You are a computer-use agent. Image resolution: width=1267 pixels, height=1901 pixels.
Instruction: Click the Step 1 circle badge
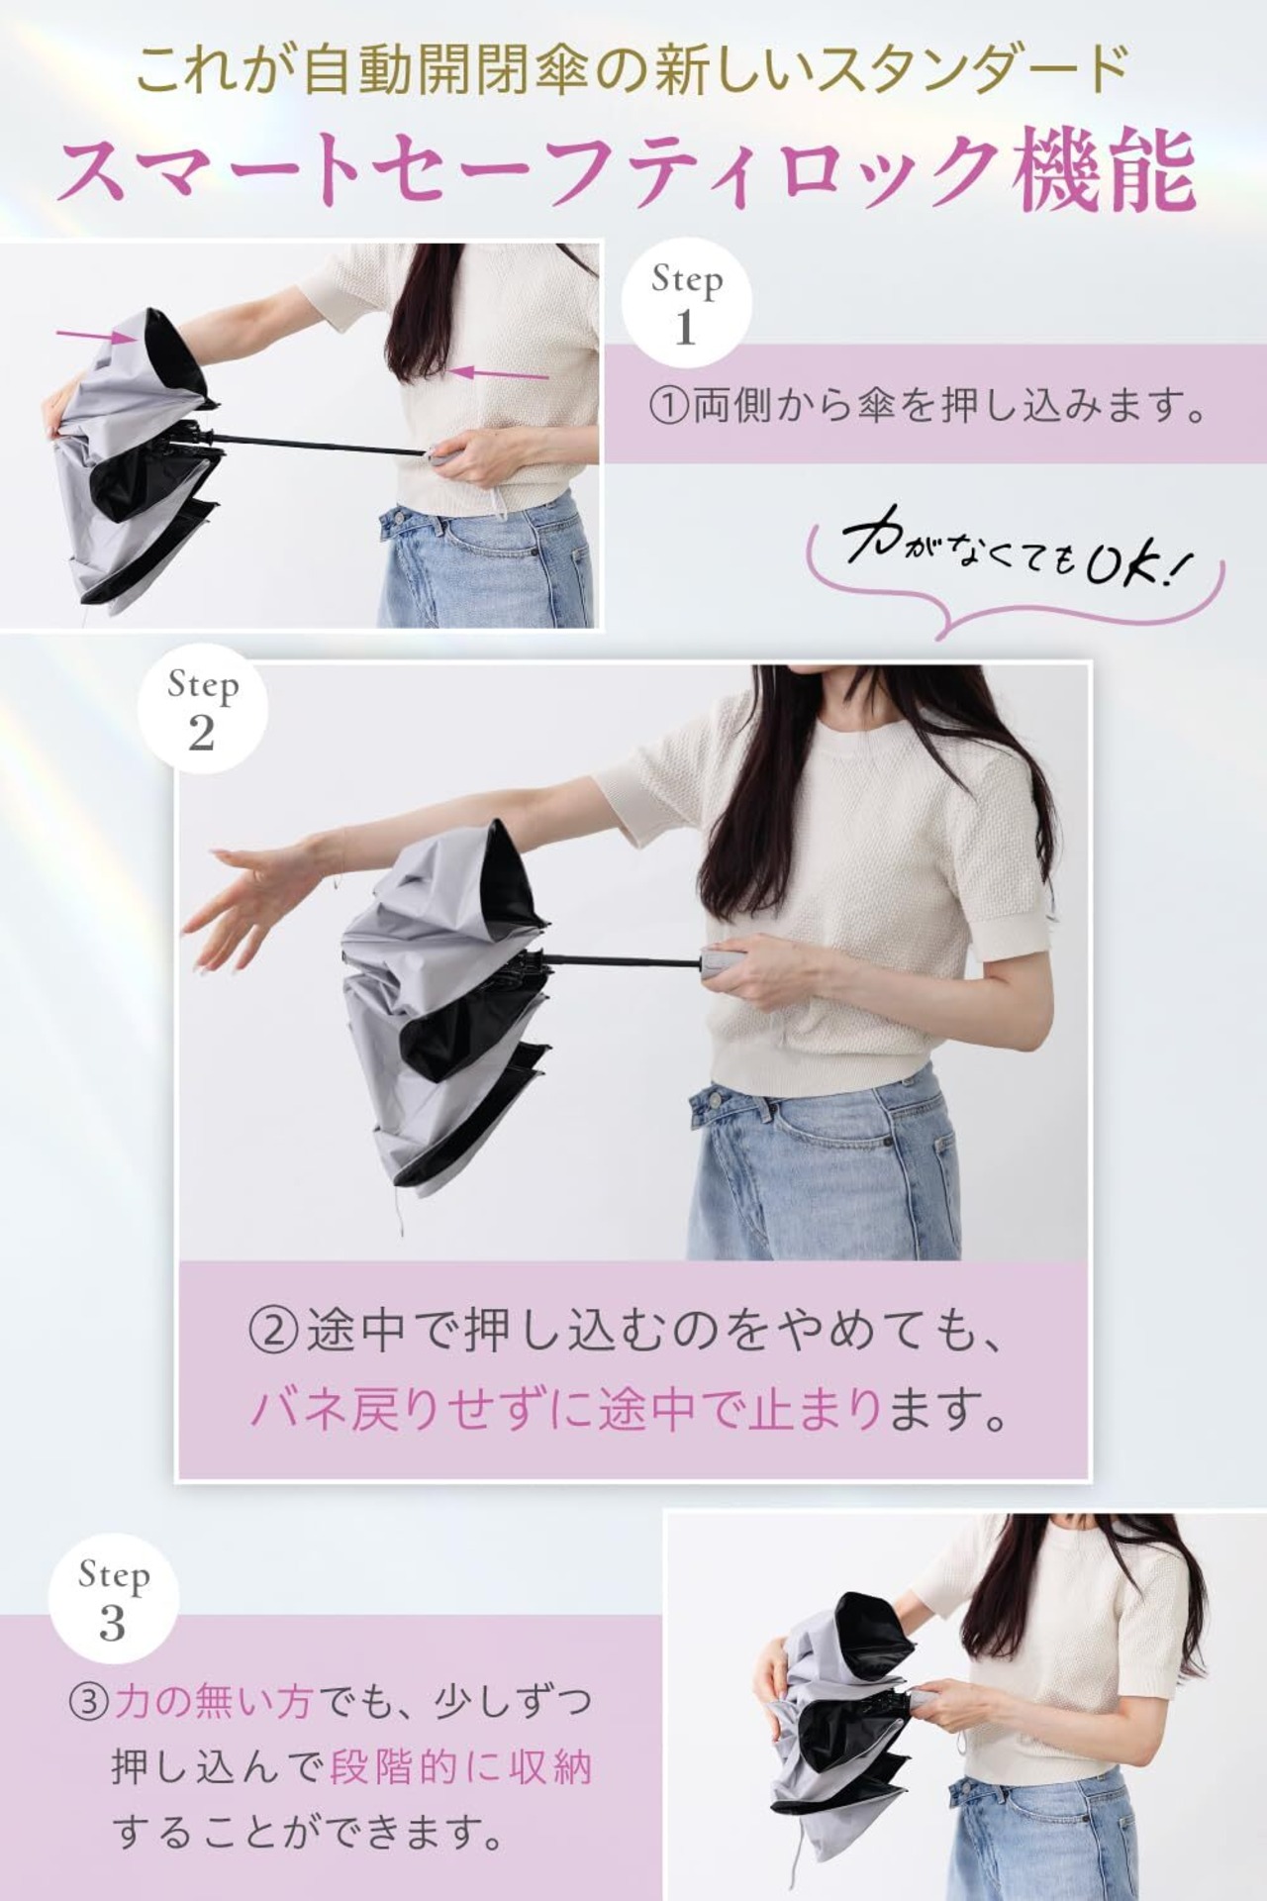(686, 303)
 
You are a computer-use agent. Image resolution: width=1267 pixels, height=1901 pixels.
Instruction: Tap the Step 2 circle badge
(203, 708)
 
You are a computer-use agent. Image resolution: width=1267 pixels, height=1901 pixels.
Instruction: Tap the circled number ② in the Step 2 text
(273, 1331)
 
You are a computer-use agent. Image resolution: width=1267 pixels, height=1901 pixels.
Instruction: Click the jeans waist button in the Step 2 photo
(706, 1101)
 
